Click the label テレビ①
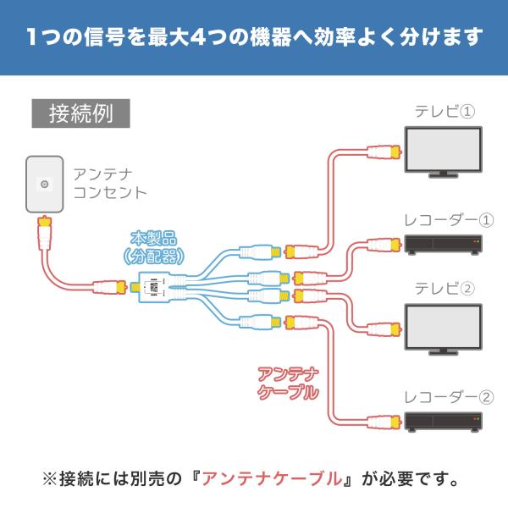click(444, 113)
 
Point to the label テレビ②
click(444, 288)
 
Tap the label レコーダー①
click(442, 220)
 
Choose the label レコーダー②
click(442, 396)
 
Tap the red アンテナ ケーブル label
click(288, 382)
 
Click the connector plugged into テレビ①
click(386, 152)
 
